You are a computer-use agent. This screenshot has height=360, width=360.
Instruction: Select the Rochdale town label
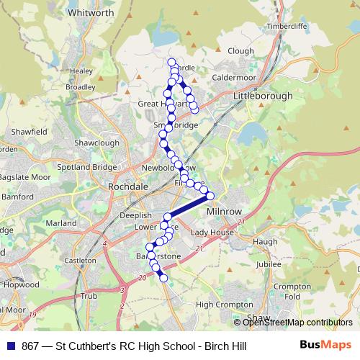(x=127, y=186)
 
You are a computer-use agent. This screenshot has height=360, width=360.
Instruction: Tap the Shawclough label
(x=96, y=143)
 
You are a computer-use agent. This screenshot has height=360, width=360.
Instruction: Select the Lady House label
(x=212, y=233)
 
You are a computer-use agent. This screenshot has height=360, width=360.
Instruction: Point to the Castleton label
(x=80, y=260)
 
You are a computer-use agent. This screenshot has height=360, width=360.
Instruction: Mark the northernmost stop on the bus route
(x=171, y=62)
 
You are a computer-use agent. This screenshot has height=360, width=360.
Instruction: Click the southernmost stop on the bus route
(x=163, y=278)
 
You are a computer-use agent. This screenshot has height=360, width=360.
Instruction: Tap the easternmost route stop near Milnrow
(x=211, y=195)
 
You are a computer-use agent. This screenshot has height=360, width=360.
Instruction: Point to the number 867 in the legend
(x=31, y=346)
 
